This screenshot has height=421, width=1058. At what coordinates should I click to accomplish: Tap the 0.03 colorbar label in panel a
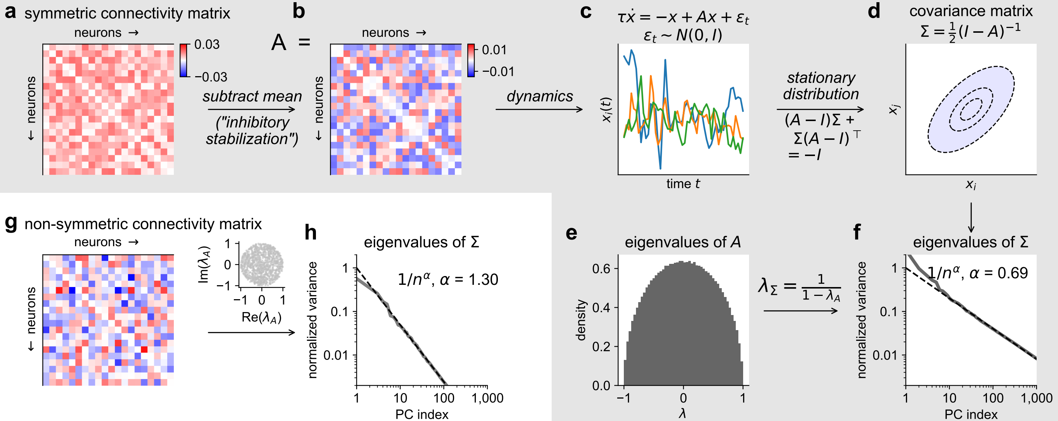(x=207, y=44)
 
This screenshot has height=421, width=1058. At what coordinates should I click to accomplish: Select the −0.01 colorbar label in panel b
(x=498, y=72)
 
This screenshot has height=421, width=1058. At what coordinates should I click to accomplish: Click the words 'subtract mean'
(x=252, y=96)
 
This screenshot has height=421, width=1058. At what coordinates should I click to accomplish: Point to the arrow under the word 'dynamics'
(x=539, y=109)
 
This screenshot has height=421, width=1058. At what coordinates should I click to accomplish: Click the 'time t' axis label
(x=683, y=184)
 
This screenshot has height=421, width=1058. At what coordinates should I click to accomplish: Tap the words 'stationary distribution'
(x=820, y=86)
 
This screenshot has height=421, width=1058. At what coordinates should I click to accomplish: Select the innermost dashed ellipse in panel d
(x=971, y=109)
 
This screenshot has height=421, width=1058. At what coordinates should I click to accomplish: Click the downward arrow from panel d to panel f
(x=971, y=217)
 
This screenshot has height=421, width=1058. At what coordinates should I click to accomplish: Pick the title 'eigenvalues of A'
(x=683, y=242)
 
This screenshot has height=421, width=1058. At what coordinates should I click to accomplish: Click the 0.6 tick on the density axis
(x=601, y=268)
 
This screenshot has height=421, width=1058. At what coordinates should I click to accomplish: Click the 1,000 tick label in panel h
(x=487, y=398)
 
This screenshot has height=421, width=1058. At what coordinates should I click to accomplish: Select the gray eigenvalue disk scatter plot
(x=261, y=264)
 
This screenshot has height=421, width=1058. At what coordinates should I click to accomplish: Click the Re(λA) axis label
(x=261, y=317)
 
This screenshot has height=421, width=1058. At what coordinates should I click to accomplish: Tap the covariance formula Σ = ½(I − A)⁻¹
(x=970, y=31)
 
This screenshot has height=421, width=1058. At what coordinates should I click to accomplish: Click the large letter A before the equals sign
(x=278, y=42)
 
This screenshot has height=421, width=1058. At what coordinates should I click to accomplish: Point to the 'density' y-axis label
(x=581, y=320)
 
